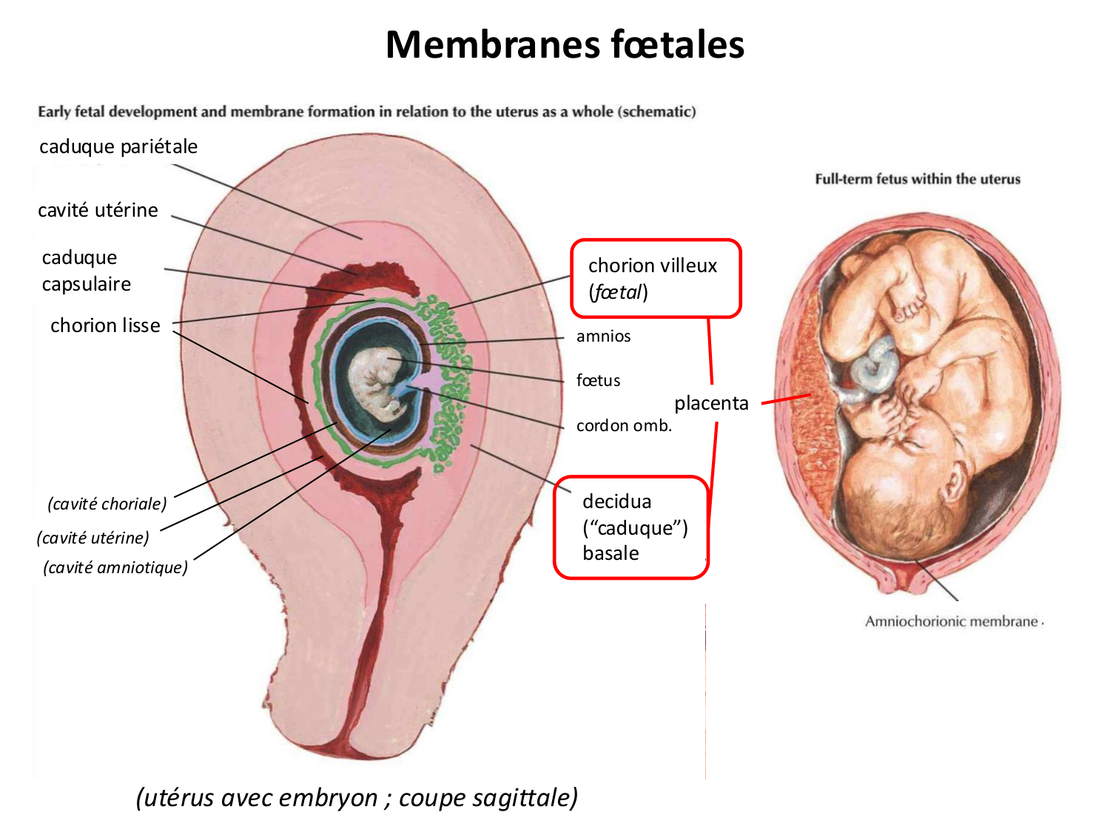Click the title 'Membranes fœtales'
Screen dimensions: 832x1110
pyautogui.click(x=565, y=44)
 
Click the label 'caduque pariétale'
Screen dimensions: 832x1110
pyautogui.click(x=118, y=146)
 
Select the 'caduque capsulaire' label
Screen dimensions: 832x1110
pyautogui.click(x=86, y=271)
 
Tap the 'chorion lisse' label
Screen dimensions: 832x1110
pyautogui.click(x=105, y=325)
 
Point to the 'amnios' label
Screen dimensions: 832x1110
pyautogui.click(x=603, y=336)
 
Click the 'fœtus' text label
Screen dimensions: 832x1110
pyautogui.click(x=598, y=381)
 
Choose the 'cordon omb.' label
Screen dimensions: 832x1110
pyautogui.click(x=624, y=426)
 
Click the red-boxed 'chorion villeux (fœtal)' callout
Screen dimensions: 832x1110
pyautogui.click(x=655, y=279)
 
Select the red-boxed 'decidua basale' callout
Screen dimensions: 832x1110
pyautogui.click(x=631, y=527)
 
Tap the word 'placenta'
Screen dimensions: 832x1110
pyautogui.click(x=711, y=403)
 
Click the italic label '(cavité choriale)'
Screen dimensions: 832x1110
pyautogui.click(x=107, y=504)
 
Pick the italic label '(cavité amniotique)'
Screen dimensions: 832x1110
pyautogui.click(x=115, y=567)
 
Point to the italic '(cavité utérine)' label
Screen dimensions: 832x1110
pyautogui.click(x=93, y=538)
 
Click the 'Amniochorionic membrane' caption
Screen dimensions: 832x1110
pyautogui.click(x=953, y=621)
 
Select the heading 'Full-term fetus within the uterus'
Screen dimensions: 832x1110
pyautogui.click(x=918, y=179)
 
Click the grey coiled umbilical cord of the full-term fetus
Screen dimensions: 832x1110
pyautogui.click(x=877, y=366)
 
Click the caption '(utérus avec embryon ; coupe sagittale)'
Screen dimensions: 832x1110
pyautogui.click(x=357, y=798)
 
